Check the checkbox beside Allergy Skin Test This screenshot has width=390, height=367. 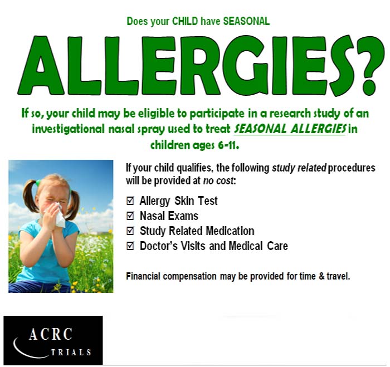click(130, 201)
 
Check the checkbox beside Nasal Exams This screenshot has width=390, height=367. click(130, 216)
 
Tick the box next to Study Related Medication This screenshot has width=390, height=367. click(130, 231)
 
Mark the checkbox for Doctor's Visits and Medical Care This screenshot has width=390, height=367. click(130, 246)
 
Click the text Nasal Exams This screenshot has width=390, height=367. click(169, 216)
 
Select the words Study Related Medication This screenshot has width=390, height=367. click(197, 231)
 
